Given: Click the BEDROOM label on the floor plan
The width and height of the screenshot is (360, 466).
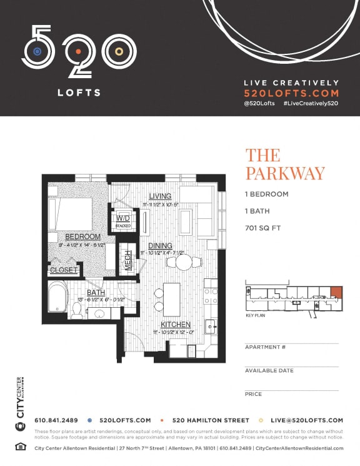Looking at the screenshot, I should click(82, 236).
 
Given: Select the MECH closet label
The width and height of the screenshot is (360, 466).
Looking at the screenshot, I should click(127, 260).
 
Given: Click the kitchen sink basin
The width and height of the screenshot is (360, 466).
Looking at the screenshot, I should click(211, 325).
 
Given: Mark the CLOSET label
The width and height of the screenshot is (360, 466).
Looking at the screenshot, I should click(64, 270).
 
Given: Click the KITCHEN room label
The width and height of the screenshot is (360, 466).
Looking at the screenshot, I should click(176, 325).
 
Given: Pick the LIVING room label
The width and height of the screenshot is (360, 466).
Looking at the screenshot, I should click(160, 197).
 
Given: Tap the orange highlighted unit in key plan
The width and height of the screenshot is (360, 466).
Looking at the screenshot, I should click(336, 292).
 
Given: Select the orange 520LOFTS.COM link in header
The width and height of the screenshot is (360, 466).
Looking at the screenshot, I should click(291, 93).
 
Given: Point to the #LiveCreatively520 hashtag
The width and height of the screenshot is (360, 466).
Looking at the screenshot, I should click(310, 103).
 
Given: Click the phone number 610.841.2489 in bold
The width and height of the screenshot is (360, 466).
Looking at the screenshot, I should click(57, 420).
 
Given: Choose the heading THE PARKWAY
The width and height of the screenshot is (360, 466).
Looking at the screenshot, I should click(284, 163).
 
